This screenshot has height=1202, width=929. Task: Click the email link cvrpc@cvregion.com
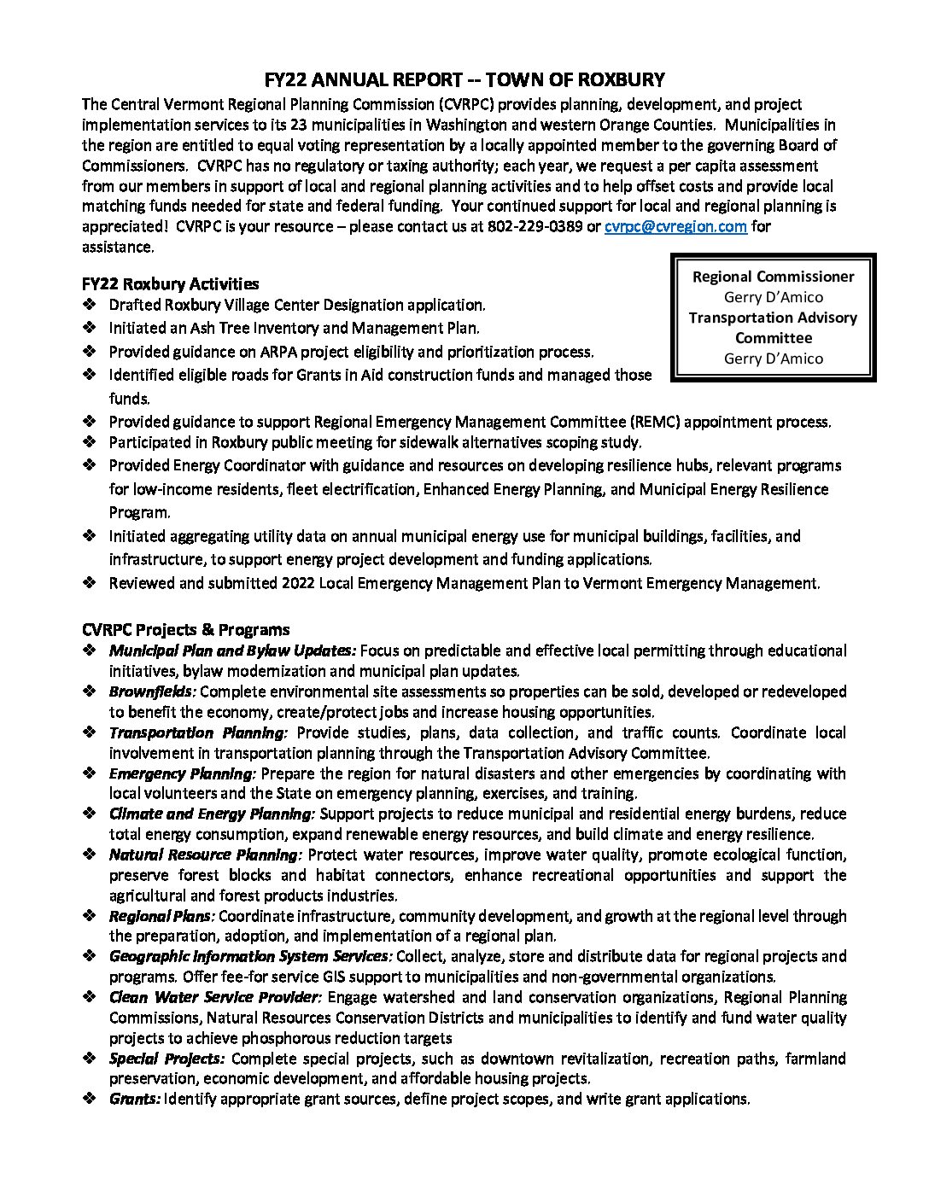tap(675, 227)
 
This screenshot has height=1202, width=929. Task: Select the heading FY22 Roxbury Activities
tap(170, 283)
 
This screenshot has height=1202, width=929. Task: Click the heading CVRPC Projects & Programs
tap(185, 630)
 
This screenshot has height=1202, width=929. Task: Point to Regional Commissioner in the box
tap(773, 277)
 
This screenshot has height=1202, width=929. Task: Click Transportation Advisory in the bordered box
tap(773, 318)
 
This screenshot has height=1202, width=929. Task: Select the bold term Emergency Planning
tap(182, 773)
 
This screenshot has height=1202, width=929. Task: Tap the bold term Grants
tap(134, 1099)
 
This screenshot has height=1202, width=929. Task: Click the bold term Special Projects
tap(167, 1059)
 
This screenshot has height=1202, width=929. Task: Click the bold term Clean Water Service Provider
tap(214, 997)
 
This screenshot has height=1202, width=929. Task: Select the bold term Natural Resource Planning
tap(205, 855)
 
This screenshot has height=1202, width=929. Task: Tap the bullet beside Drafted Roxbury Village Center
tap(90, 305)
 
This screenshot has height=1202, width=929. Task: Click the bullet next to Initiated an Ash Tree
tap(90, 328)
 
